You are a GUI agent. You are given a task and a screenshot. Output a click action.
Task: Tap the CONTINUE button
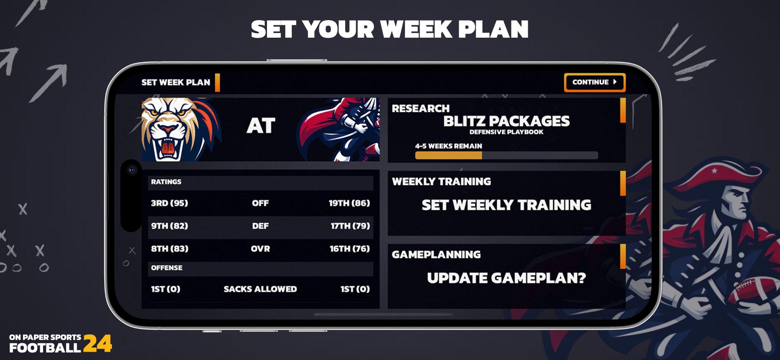coord(594,82)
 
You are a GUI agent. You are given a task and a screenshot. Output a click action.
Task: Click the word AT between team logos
coord(261,126)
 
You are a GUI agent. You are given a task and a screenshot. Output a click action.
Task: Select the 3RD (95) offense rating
coord(169,203)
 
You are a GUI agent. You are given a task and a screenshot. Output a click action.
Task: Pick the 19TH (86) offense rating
coord(349,203)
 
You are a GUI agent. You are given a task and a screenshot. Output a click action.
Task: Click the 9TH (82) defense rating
coord(169,226)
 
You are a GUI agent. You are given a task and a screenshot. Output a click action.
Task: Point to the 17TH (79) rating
coord(350,226)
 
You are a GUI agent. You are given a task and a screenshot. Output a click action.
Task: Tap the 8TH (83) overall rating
coord(169,249)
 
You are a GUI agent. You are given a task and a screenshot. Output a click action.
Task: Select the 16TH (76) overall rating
coord(349,249)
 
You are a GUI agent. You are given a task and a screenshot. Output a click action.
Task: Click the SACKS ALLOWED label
coord(260,289)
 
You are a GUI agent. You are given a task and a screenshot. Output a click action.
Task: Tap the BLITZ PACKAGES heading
coord(506,121)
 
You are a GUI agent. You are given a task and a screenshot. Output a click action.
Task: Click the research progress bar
coord(506,155)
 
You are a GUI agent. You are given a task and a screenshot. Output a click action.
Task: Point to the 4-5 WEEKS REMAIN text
coord(448,146)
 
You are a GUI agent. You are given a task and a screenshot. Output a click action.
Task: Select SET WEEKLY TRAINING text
coord(506,205)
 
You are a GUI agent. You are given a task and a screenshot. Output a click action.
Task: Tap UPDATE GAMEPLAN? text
coord(506,278)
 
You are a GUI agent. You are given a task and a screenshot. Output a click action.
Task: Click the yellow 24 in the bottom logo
coord(97,344)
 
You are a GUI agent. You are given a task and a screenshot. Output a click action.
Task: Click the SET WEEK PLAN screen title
coord(176,82)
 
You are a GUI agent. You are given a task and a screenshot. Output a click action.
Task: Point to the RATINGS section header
coord(166,182)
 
